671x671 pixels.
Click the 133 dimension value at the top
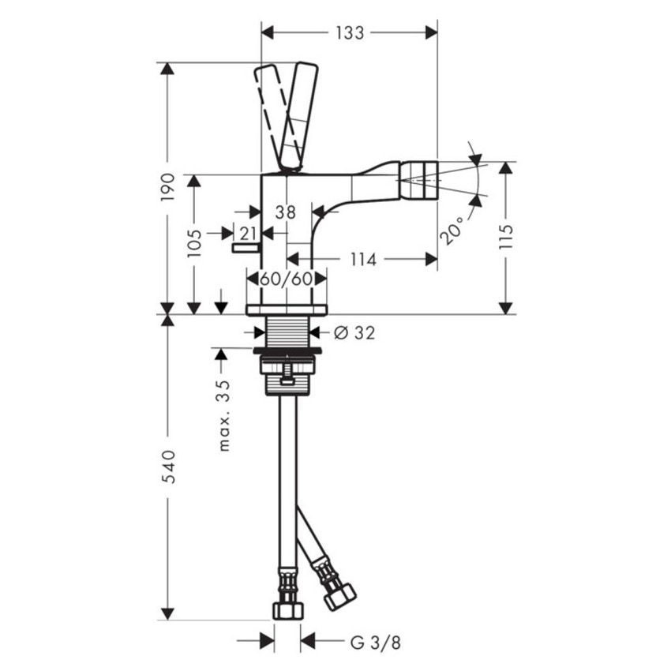pos(350,32)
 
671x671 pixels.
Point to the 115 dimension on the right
pos(506,238)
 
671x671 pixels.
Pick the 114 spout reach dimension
pos(362,259)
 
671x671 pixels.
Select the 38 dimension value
pos(286,212)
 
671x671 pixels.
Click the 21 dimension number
pos(249,233)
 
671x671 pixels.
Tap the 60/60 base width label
pos(287,279)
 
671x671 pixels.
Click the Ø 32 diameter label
pos(354,332)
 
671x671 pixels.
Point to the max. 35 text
pos(224,415)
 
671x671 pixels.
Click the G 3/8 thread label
pos(375,642)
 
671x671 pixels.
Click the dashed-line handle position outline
pos(272,111)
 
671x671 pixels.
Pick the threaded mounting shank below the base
pos(287,330)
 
